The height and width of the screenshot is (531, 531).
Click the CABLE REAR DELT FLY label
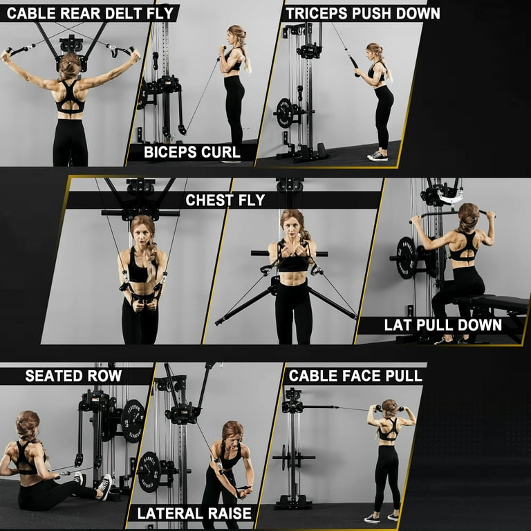coord(90,14)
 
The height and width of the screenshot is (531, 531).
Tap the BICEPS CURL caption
coord(192,152)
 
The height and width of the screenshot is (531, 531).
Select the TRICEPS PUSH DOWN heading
coord(363,14)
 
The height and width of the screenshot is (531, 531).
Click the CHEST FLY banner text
coord(225,200)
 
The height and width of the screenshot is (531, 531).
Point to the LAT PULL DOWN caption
coord(443,325)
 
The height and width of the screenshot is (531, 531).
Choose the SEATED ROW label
coord(73,376)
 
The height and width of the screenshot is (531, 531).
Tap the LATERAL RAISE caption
coord(194,514)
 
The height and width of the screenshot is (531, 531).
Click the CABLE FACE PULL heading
coord(355,376)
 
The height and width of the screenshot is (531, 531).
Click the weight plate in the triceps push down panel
coord(284,113)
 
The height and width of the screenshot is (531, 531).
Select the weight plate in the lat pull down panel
coord(406,258)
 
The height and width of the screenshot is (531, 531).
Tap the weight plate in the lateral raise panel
coord(149,472)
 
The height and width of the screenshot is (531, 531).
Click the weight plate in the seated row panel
coord(133,421)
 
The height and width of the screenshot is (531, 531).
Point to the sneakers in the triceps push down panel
coord(378,156)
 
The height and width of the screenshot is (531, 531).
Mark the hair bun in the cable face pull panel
coord(389,406)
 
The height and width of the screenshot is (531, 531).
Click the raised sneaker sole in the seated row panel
coord(106,486)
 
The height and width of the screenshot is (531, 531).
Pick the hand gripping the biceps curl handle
coord(223,49)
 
